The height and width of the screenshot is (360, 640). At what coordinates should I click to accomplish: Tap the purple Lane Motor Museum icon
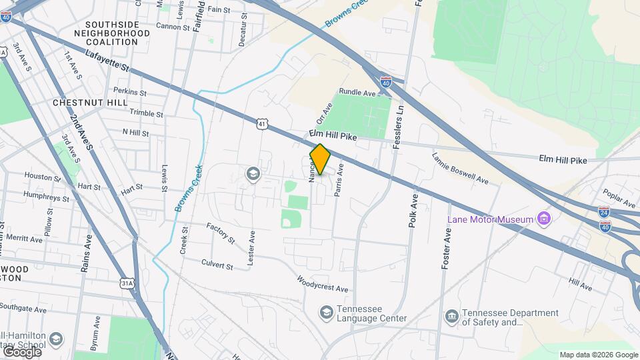pos(544,219)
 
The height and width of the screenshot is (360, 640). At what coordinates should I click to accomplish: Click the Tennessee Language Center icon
pos(326,312)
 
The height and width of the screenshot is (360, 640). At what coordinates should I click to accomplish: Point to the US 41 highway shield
pos(262,123)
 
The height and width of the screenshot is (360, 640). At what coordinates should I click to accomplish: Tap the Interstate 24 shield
pos(604,212)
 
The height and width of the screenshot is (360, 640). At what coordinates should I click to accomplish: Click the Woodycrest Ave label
pos(323,284)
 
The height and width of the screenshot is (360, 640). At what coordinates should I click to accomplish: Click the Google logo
pos(22,351)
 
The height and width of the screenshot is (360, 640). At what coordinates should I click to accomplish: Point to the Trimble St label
pos(146,113)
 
